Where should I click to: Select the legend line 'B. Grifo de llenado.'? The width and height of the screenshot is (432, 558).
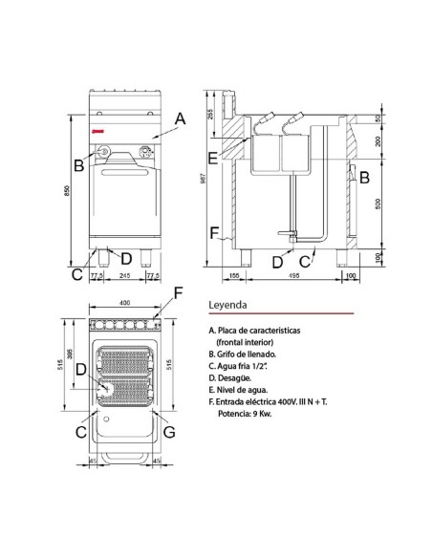(246, 354)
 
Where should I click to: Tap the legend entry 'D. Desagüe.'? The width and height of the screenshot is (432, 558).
(233, 378)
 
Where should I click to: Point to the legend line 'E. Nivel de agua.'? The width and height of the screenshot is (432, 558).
(241, 391)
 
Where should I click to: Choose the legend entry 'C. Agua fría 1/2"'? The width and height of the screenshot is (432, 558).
(243, 366)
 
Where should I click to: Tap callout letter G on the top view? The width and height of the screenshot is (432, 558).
(170, 433)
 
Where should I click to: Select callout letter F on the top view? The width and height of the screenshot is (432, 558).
(177, 291)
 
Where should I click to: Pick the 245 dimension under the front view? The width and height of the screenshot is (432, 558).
(123, 275)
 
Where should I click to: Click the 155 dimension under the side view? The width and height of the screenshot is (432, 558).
(234, 276)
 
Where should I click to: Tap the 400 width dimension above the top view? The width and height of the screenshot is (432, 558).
(122, 304)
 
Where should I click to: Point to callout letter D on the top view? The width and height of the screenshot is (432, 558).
(81, 369)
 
